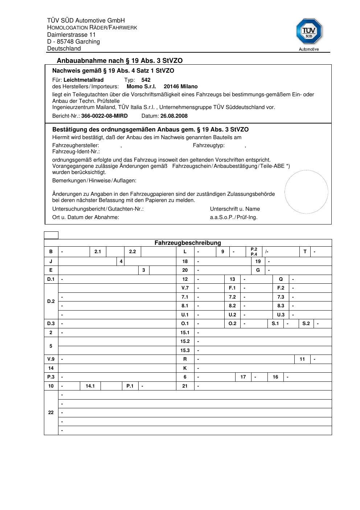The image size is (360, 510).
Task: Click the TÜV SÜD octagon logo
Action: point(309,32)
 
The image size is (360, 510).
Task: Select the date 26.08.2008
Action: point(174,116)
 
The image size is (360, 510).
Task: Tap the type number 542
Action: point(146,80)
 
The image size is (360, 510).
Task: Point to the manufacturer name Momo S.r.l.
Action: point(141,86)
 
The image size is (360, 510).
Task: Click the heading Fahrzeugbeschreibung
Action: point(188,243)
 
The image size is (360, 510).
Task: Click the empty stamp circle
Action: point(306,192)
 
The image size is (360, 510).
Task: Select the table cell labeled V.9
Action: point(51,359)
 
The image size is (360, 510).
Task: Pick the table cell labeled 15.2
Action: point(185,341)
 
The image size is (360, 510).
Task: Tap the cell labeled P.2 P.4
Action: point(254,252)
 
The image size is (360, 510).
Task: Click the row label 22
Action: point(51,412)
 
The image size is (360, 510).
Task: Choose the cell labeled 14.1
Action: point(90,386)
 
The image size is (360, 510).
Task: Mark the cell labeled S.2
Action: point(306,323)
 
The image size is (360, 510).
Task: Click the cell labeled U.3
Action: point(281,315)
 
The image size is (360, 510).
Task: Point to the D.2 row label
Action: point(51,301)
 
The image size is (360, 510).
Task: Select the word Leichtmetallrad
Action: point(83,80)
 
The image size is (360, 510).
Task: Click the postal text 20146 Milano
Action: point(181,86)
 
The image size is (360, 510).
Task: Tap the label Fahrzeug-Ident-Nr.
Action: point(76,151)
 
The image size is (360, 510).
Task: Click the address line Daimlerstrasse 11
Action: point(71,35)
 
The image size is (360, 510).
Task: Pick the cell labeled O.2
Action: point(233,323)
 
